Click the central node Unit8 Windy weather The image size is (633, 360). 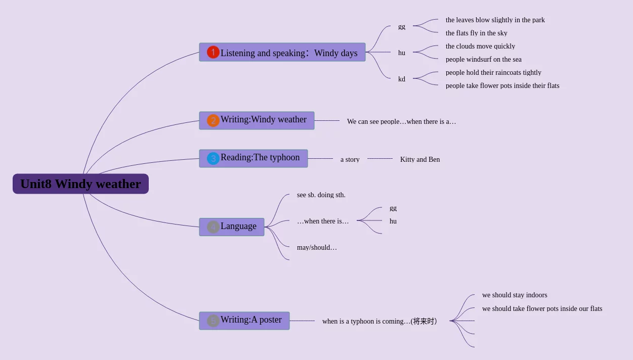coord(80,184)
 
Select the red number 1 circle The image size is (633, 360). coord(213,52)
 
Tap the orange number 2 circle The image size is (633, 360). coord(213,120)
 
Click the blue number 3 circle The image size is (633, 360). coord(213,158)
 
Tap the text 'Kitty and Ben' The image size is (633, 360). coord(420,160)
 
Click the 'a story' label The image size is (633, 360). coord(350,160)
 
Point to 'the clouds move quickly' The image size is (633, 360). coord(480,47)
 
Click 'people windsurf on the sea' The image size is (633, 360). coord(483,60)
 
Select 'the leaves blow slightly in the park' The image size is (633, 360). coord(495,20)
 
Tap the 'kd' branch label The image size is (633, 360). coord(402,79)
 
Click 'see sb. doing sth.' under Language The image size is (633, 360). coord(321,195)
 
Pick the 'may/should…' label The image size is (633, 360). coord(317,248)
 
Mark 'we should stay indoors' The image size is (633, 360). coord(514,295)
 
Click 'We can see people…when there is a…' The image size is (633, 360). coord(401,122)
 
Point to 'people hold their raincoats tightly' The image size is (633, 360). coord(493,73)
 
